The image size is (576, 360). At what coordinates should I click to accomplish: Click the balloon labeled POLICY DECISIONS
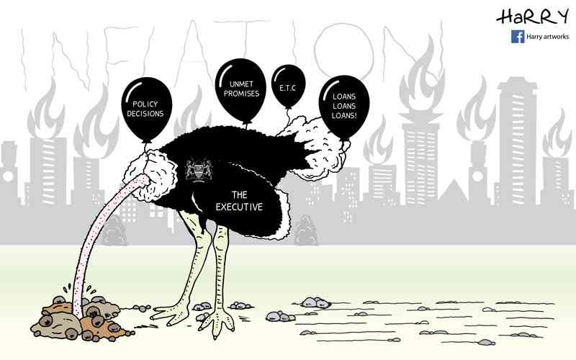click(147, 109)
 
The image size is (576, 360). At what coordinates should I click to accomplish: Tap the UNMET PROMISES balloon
click(240, 90)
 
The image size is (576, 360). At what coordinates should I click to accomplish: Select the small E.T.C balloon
click(289, 86)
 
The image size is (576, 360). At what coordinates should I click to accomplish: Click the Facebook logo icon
click(518, 37)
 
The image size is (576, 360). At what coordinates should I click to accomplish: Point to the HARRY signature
click(532, 17)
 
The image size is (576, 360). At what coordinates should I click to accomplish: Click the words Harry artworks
click(547, 37)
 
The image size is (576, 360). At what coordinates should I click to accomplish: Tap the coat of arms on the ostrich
click(199, 170)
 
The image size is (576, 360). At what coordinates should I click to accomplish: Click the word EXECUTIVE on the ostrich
click(239, 207)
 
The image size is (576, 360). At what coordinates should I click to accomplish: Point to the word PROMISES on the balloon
click(241, 94)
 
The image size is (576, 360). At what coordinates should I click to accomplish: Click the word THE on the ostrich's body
click(239, 194)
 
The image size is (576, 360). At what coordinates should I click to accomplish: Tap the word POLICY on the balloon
click(145, 104)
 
